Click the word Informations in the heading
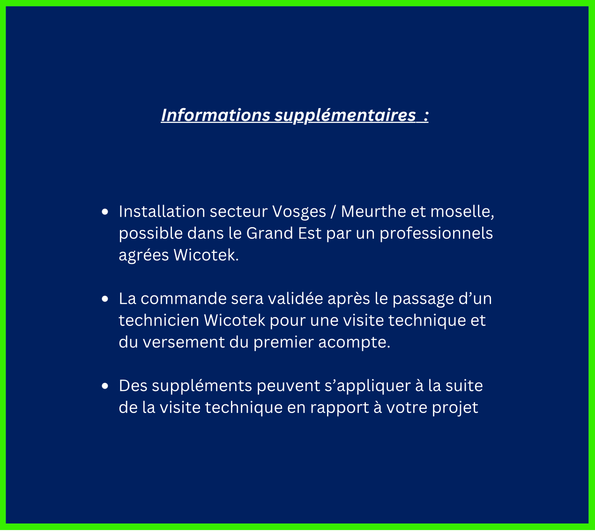coord(216,115)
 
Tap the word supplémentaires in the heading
coord(345,116)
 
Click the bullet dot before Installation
coord(105,212)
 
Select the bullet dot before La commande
coord(105,299)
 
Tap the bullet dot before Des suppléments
coord(105,386)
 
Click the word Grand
coord(269,233)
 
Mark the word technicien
coord(159,320)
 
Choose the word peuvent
coord(289,386)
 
